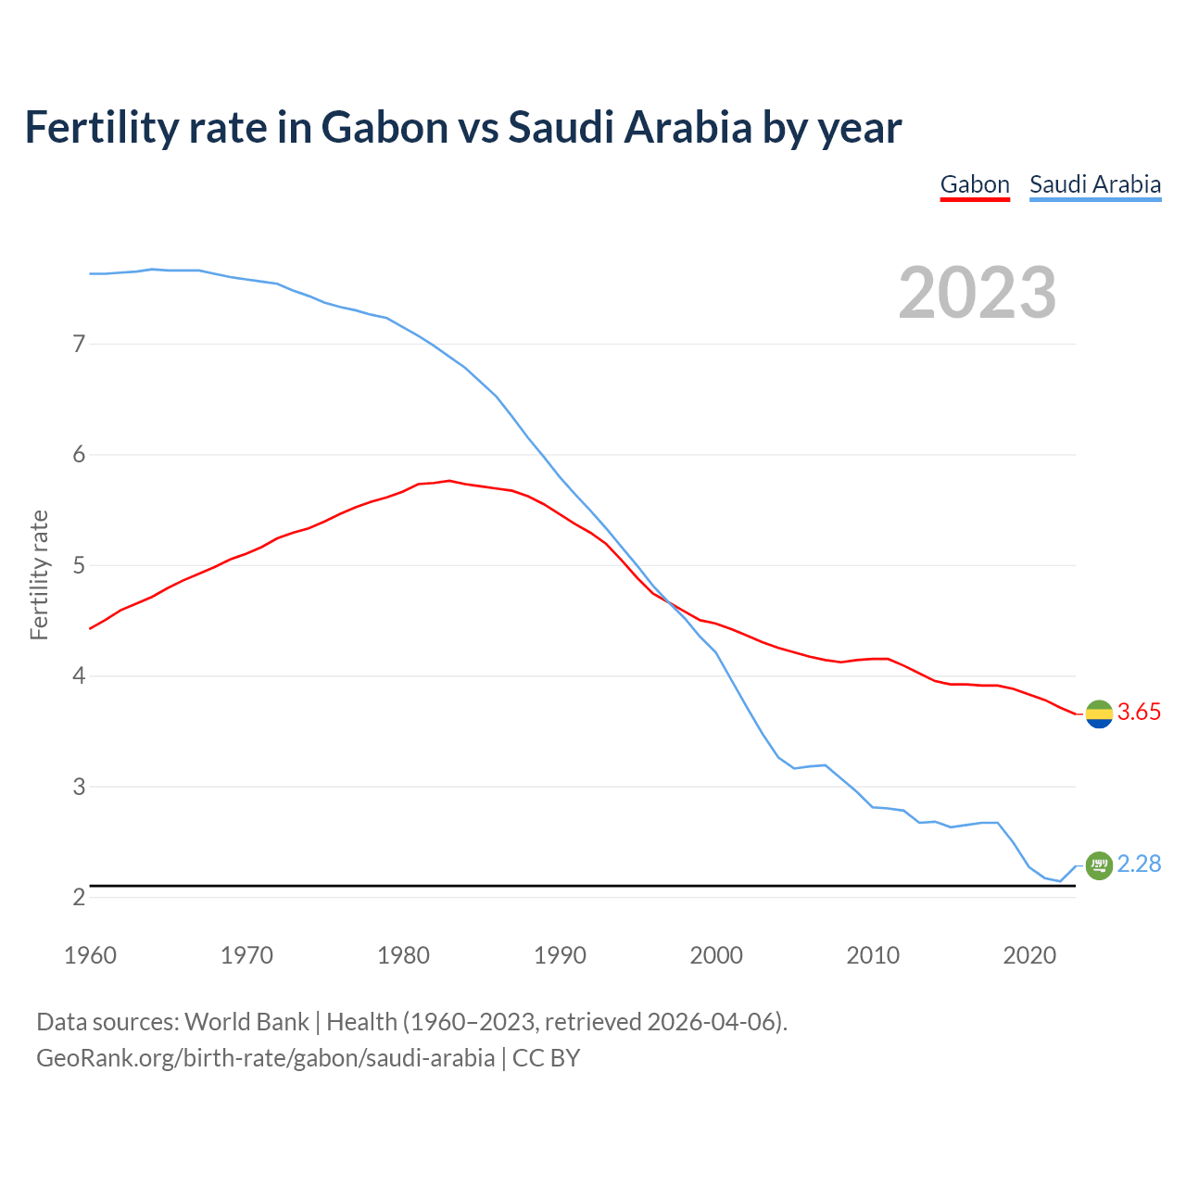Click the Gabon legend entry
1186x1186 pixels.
coord(975,184)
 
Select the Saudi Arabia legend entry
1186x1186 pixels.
coord(1095,184)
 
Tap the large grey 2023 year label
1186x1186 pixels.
coord(978,293)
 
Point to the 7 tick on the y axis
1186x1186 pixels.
coord(79,344)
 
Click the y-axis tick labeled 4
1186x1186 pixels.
coord(79,676)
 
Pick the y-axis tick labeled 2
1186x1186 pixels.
coord(79,897)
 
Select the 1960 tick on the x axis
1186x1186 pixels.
coord(90,955)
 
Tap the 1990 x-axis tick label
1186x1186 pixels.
coord(560,955)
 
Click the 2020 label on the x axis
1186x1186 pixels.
coord(1029,955)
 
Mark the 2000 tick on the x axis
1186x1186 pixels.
coord(716,955)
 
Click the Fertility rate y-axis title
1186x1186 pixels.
coord(39,574)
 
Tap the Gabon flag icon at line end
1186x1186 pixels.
coord(1099,714)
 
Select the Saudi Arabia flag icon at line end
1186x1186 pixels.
coord(1099,865)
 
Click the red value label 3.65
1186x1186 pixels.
coord(1139,713)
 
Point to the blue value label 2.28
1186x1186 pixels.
coord(1139,864)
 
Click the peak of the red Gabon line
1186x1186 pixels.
coord(448,480)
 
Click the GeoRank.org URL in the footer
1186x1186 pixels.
coord(265,1058)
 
